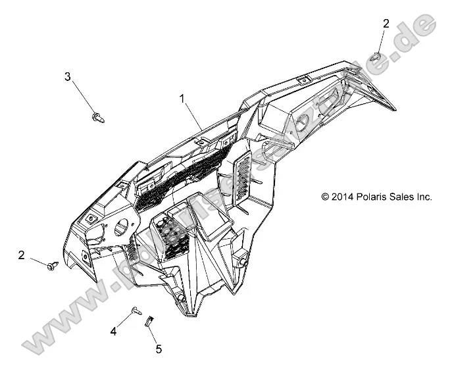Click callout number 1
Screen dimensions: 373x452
[183, 99]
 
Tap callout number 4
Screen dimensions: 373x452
[113, 332]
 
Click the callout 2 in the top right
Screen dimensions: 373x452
[386, 24]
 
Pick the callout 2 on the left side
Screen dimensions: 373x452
[22, 255]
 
